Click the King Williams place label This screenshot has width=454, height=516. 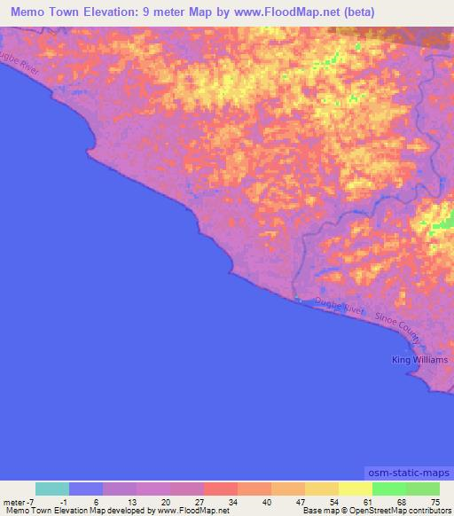420,359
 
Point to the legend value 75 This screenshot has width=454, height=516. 434,502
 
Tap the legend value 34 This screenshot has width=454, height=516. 231,502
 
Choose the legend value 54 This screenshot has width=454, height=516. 333,502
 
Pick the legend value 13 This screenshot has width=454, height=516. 130,502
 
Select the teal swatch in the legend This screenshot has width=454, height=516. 52,489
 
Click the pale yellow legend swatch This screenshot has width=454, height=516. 355,489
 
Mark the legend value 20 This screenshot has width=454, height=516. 164,502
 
